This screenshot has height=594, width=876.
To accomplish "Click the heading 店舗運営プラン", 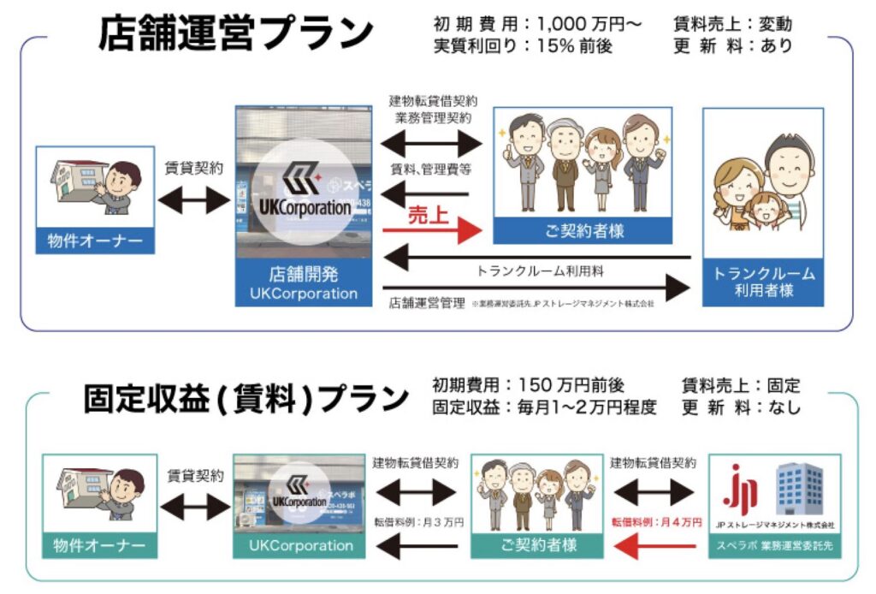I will coord(236,34).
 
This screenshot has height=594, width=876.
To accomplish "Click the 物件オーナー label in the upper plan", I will coord(96,241).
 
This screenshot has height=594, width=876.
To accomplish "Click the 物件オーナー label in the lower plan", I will coord(99,544).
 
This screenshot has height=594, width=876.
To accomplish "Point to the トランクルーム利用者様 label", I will coord(764,282).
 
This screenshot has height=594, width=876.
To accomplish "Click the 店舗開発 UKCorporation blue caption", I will coord(304,284).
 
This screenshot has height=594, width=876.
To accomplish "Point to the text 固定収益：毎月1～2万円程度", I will coord(544,408).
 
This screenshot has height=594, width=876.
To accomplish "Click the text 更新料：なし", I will coord(741,408).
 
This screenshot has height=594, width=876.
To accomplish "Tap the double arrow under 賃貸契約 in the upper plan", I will coord(194,201).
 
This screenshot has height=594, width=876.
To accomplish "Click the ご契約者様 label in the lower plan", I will coord(536,544).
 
